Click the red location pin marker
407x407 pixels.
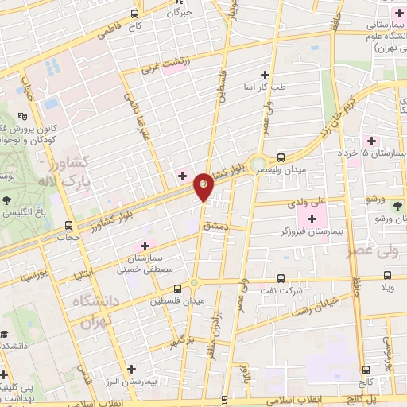click(x=204, y=186)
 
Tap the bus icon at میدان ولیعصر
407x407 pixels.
click(x=281, y=157)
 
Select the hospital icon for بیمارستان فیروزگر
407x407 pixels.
click(x=312, y=217)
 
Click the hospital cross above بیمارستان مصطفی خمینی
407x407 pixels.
click(x=145, y=245)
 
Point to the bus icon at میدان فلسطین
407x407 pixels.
click(x=177, y=289)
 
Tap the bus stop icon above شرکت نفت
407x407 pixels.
click(x=281, y=278)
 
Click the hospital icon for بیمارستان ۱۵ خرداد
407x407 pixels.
click(x=371, y=140)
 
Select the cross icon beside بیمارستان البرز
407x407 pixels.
click(x=131, y=368)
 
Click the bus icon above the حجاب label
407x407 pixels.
click(x=69, y=225)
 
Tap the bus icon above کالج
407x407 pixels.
click(x=366, y=369)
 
